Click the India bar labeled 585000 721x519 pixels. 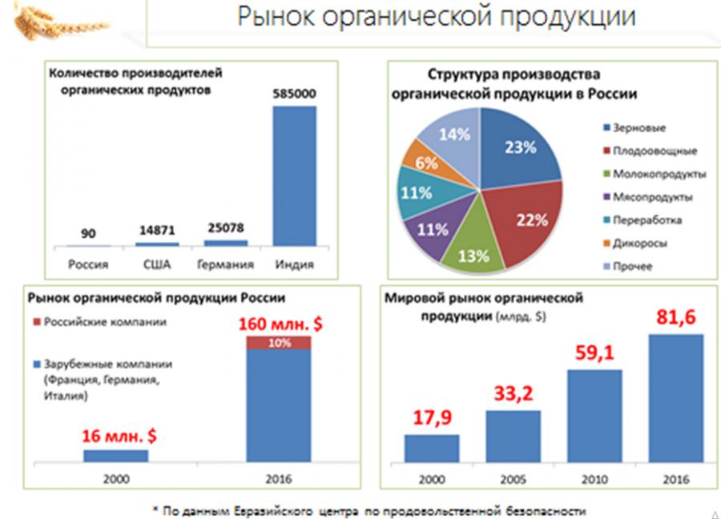(x=294, y=175)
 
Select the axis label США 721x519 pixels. (x=158, y=264)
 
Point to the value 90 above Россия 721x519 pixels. (x=88, y=234)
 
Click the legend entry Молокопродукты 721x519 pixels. (x=659, y=173)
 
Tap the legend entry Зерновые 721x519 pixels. (x=638, y=127)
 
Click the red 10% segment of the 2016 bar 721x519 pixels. (x=279, y=343)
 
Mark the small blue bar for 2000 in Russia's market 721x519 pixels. (x=115, y=455)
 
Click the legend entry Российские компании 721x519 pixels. (x=115, y=322)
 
